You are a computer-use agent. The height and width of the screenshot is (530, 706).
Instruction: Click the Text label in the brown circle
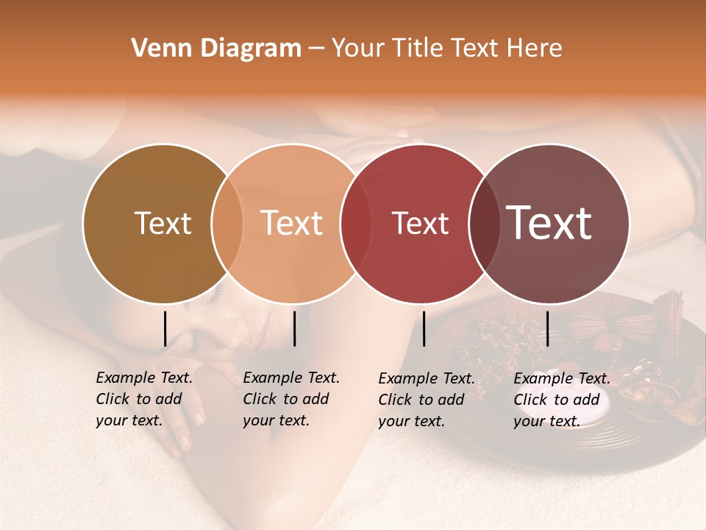point(163,223)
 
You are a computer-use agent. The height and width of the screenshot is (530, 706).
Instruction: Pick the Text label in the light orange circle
point(292,223)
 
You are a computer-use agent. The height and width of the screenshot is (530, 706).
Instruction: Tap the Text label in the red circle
point(420,223)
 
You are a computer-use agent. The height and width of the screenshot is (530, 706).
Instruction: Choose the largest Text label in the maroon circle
point(549,223)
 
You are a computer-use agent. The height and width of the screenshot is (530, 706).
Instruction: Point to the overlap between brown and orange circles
point(227,224)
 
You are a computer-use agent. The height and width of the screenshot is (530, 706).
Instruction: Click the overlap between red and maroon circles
point(485,224)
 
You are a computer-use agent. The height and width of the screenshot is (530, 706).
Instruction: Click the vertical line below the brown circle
point(165,328)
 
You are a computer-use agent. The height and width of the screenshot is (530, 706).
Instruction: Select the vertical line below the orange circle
point(294,328)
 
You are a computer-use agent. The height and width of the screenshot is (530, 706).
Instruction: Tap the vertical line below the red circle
point(424,328)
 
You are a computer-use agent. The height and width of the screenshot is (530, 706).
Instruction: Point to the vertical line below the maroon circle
point(547,328)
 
